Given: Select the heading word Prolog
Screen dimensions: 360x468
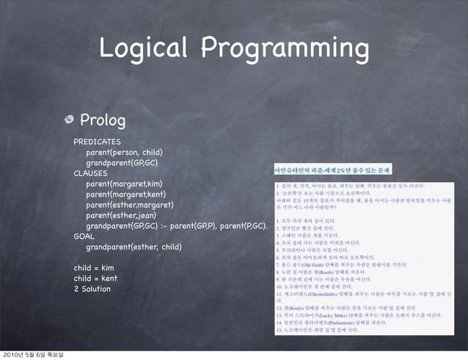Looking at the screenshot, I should click(103, 120).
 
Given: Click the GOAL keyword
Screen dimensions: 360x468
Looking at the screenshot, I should click(84, 237).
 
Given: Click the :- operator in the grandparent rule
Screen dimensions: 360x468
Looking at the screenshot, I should click(189, 226).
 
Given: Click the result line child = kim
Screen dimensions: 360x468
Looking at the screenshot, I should click(93, 268).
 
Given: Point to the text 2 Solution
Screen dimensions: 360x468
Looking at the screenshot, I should click(92, 290).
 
